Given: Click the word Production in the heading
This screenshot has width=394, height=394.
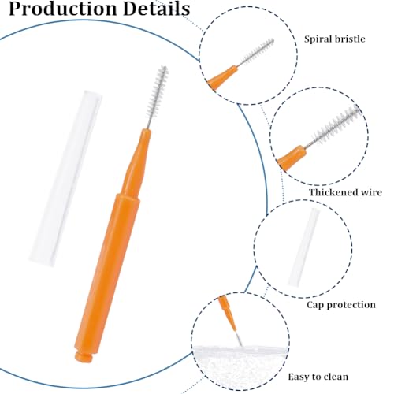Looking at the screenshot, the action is coord(62,9).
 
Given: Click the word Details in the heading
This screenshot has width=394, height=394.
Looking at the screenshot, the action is coord(156,9).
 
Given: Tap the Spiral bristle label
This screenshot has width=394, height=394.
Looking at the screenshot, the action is coord(335,39).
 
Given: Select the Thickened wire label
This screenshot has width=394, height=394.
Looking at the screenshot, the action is coord(345,192).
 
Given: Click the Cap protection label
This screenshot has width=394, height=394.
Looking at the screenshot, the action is coord(341,305).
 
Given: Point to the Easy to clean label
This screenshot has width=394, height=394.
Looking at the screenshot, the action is coord(318,377).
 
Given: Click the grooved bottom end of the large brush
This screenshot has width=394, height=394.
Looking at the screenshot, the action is coord(84,358).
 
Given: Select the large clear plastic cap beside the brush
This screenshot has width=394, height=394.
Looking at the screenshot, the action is coord(65,179).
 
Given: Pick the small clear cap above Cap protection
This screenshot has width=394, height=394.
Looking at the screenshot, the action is coord(304,247).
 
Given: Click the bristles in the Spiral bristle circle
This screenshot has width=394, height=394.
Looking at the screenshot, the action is coord(257,52).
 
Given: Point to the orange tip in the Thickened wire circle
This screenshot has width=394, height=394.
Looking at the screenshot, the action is coord(292,157).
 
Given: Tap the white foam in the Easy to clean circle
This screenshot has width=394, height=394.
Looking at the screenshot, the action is coord(240,365).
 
